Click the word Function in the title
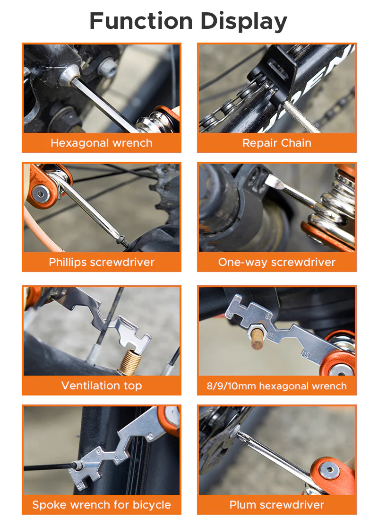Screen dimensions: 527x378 [141, 21]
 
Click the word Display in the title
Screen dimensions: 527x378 [244, 21]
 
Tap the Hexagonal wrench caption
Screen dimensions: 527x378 [102, 143]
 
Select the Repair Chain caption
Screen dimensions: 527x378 [277, 143]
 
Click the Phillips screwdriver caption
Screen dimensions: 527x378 [102, 262]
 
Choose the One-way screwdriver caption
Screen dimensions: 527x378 [277, 262]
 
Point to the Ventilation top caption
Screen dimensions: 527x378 [102, 386]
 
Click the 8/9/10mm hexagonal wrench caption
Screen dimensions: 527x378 [277, 386]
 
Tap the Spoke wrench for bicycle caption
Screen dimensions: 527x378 [102, 505]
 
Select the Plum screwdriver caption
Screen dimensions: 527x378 [277, 505]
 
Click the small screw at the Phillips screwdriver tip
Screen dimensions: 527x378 [124, 241]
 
